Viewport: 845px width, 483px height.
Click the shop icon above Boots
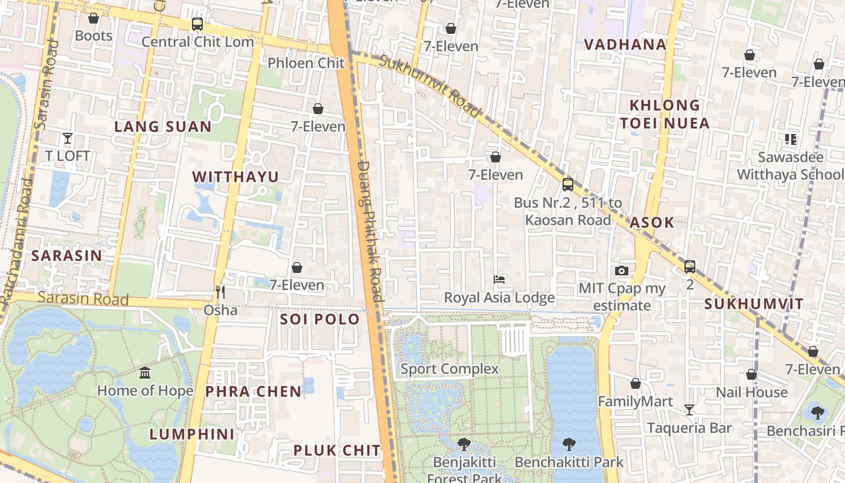(x=93, y=19)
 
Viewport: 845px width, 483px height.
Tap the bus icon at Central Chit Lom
(x=197, y=24)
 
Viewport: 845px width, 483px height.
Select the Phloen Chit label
(x=306, y=63)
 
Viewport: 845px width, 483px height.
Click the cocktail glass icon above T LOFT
(x=68, y=138)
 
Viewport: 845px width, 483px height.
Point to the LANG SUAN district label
(x=163, y=127)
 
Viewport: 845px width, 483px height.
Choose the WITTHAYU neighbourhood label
(x=235, y=177)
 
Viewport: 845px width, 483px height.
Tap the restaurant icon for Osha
(x=220, y=292)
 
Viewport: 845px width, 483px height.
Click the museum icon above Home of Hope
(x=145, y=373)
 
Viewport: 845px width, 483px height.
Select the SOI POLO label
(x=320, y=319)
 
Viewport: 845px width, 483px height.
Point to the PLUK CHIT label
(x=337, y=450)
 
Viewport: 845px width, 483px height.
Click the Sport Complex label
(x=450, y=369)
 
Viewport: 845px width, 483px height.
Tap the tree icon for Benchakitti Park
(x=569, y=445)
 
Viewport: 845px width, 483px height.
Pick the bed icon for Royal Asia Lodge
(x=499, y=280)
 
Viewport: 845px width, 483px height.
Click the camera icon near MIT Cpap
(x=622, y=270)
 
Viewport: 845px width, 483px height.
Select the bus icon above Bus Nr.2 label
(x=568, y=184)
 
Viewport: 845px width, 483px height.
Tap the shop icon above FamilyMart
(x=635, y=383)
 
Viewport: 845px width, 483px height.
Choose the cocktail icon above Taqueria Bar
(x=689, y=410)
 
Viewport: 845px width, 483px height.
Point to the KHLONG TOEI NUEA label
(x=665, y=114)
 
